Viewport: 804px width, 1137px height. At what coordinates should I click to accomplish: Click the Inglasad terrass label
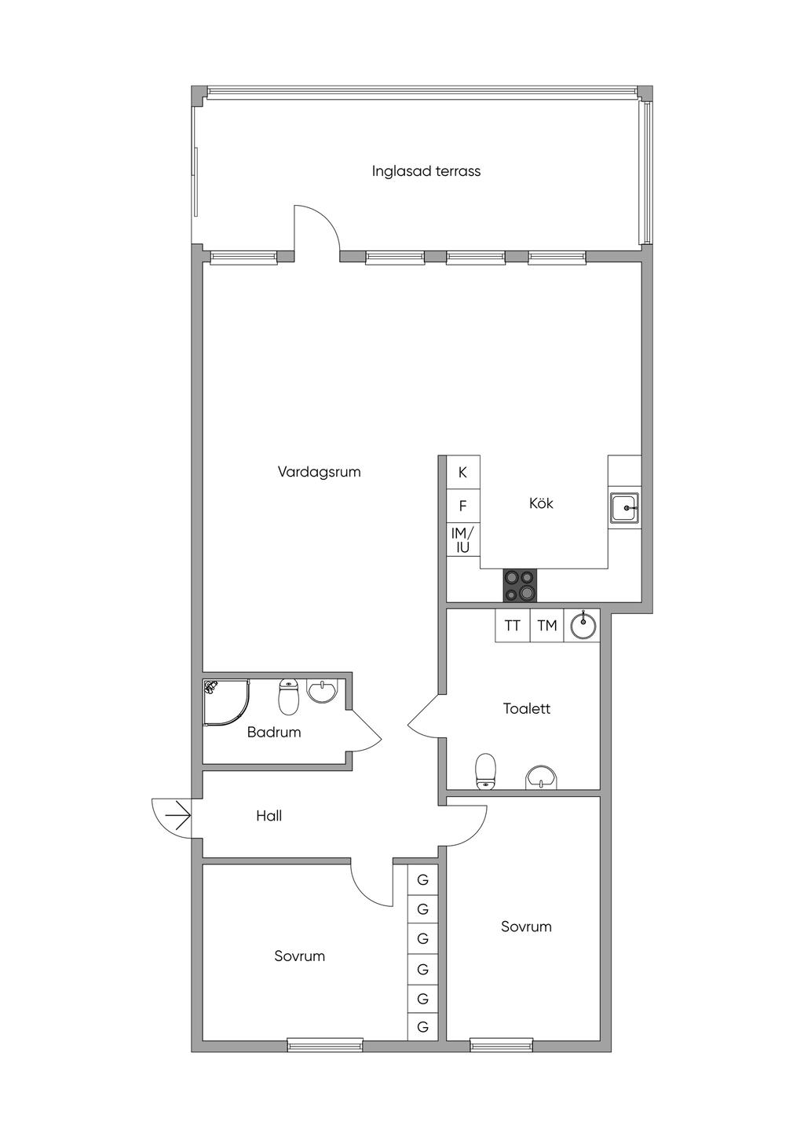(x=426, y=171)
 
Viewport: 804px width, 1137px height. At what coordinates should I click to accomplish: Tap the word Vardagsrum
(x=320, y=472)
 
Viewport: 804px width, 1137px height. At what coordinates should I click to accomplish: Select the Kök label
(x=541, y=503)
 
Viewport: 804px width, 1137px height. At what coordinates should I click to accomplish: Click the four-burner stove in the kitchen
(x=520, y=585)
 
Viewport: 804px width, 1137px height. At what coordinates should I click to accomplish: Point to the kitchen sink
(x=625, y=507)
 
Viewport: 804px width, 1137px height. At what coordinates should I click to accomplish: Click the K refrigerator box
(x=463, y=473)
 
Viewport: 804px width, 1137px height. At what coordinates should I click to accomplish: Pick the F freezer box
(x=463, y=506)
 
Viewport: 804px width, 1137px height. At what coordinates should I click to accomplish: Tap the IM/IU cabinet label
(x=462, y=540)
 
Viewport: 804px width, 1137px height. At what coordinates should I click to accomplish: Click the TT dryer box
(x=513, y=625)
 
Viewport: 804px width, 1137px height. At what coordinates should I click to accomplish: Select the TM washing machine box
(x=547, y=625)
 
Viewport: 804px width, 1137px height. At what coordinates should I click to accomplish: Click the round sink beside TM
(x=583, y=625)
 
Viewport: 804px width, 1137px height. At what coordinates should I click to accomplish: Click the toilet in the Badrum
(x=289, y=698)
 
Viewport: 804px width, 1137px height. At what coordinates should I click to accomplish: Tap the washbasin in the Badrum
(x=321, y=691)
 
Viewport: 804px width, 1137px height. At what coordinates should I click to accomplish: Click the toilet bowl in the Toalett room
(x=486, y=771)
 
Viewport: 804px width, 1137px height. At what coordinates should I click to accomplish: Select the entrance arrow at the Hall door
(x=177, y=816)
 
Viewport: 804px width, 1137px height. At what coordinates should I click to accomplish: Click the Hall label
(x=269, y=816)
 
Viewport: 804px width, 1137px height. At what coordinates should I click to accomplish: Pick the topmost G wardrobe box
(x=423, y=879)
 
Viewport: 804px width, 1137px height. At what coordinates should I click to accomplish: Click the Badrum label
(x=274, y=732)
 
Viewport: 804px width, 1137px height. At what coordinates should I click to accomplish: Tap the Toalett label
(x=527, y=708)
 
